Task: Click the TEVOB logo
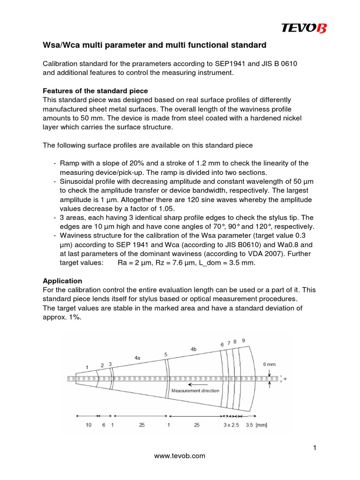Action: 304,29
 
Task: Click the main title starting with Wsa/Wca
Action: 154,45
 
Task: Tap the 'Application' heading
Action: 62,281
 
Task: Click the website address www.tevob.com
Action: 180,456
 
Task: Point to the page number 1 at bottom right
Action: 316,448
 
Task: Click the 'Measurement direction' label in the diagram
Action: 195,390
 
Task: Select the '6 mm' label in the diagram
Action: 270,364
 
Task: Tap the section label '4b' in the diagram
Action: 194,349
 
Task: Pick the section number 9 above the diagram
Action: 243,340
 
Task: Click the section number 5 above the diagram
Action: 166,354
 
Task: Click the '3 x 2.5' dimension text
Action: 231,425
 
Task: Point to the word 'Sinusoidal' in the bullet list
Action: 77,181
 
